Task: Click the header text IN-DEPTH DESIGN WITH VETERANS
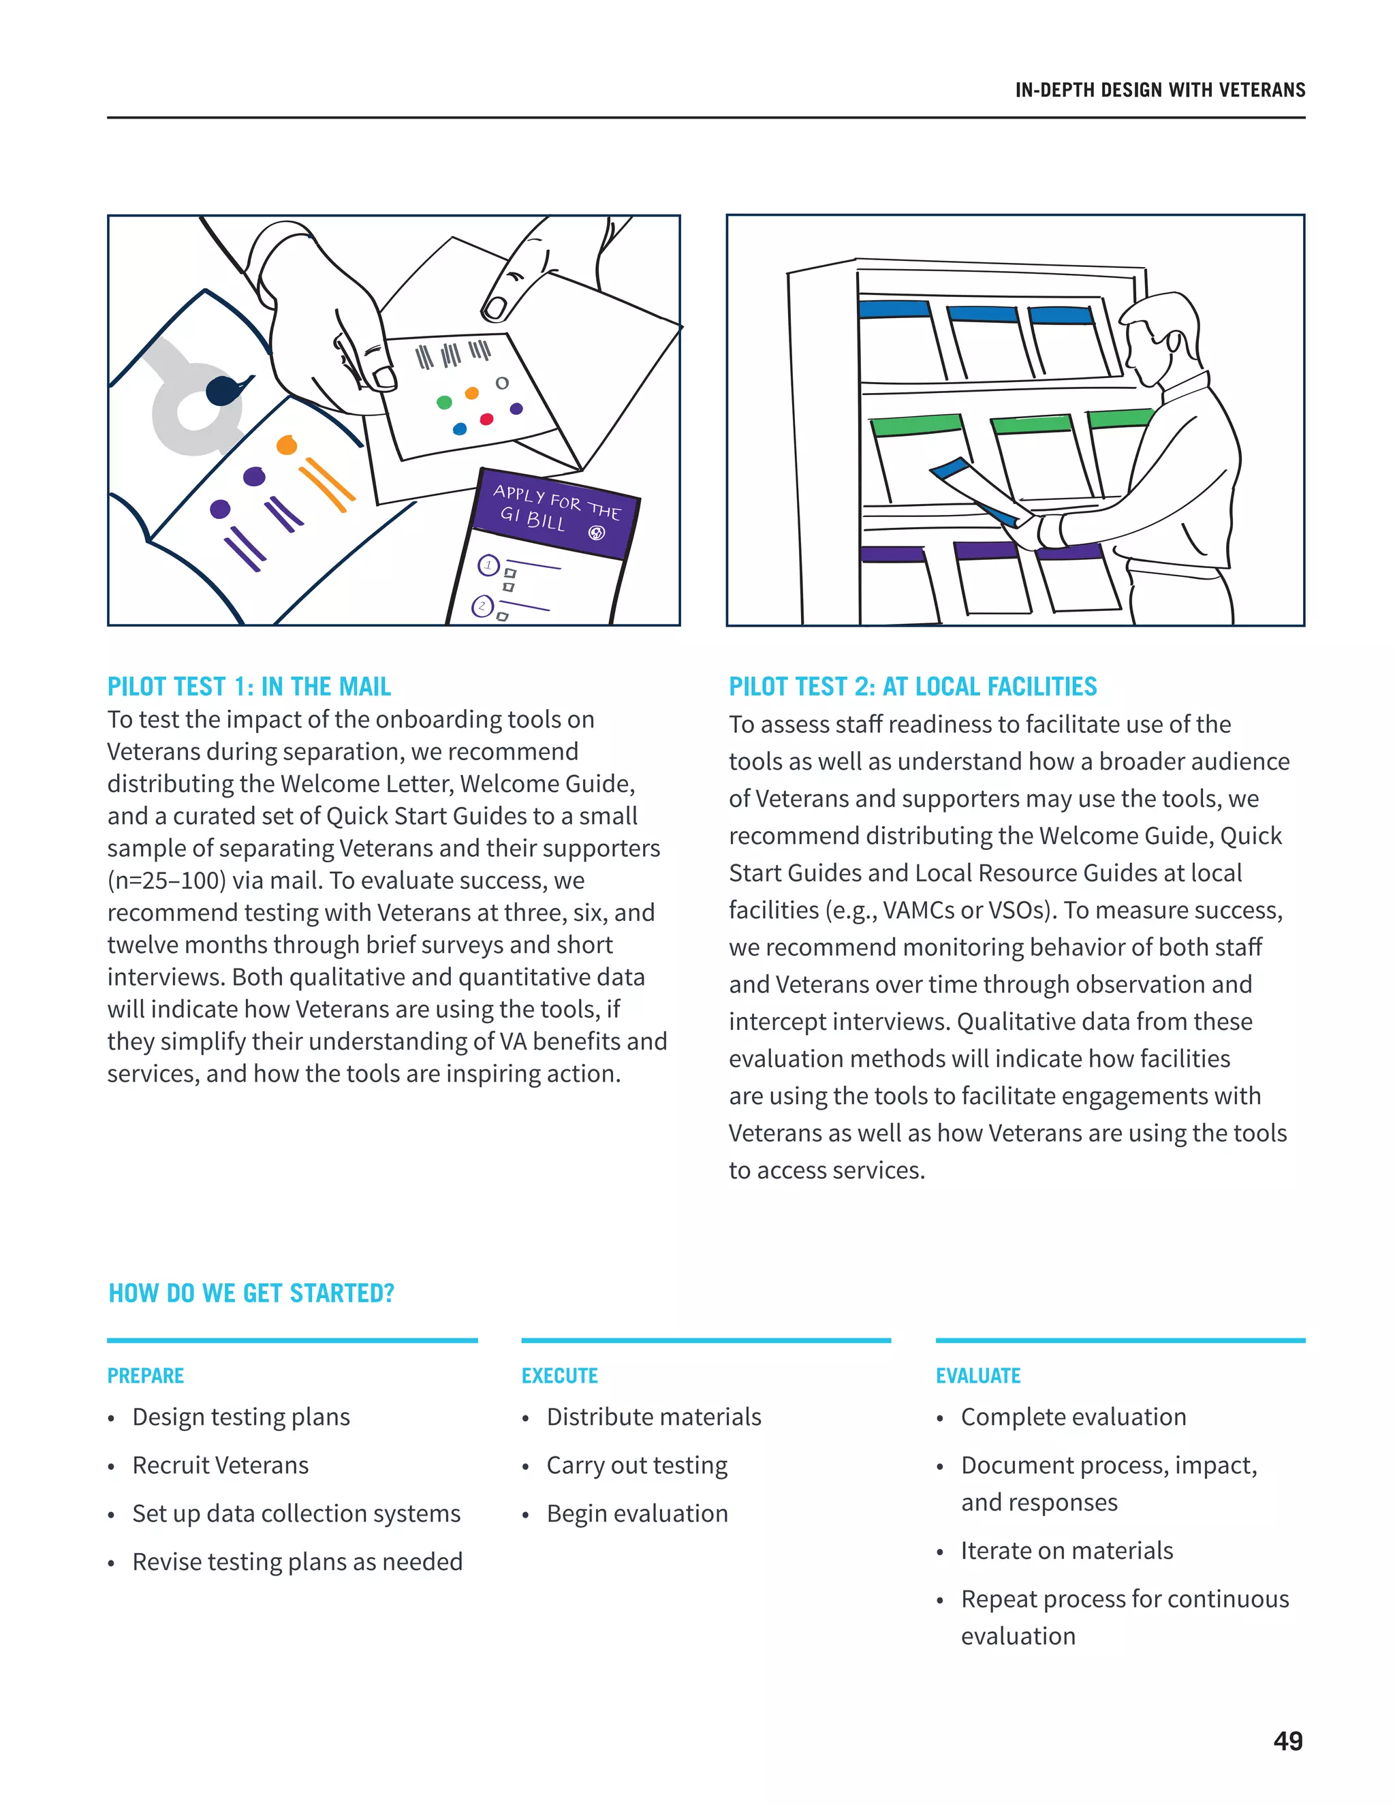point(1159,90)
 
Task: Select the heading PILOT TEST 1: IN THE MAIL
point(249,686)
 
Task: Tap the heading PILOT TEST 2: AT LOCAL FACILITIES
point(912,686)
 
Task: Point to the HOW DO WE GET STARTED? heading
point(251,1293)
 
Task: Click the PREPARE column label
point(146,1375)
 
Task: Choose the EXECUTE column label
point(559,1375)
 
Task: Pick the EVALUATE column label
point(977,1375)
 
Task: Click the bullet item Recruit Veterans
point(220,1464)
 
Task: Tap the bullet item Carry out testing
point(636,1464)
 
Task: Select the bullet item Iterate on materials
point(1066,1550)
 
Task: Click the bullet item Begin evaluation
point(636,1513)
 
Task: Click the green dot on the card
point(444,403)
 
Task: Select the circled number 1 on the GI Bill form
point(488,565)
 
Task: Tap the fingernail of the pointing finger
point(495,307)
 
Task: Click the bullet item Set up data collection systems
point(296,1513)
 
